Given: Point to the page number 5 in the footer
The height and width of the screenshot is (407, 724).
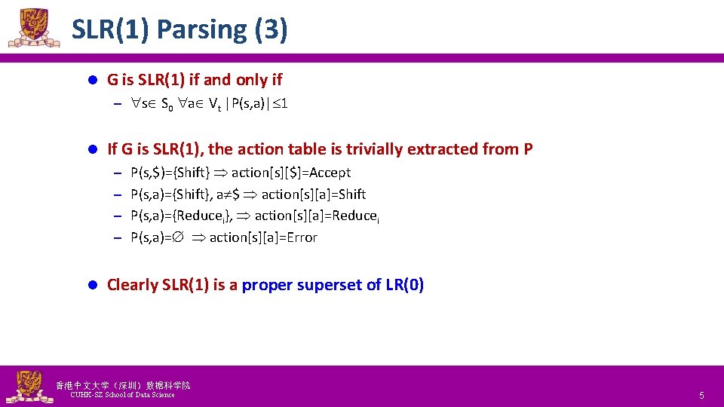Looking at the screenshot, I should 701,396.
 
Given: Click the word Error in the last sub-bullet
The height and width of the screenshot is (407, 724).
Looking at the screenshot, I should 300,237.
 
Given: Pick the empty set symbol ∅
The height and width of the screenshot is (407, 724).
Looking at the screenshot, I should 181,237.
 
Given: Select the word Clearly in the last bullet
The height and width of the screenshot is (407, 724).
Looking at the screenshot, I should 132,285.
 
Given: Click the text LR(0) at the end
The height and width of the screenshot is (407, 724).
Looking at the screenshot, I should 404,285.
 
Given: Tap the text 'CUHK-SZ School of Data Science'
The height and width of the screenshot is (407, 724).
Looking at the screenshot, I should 122,395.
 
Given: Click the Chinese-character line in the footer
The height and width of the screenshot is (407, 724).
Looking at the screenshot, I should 123,385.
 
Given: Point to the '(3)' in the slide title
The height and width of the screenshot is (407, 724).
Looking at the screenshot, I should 271,29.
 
